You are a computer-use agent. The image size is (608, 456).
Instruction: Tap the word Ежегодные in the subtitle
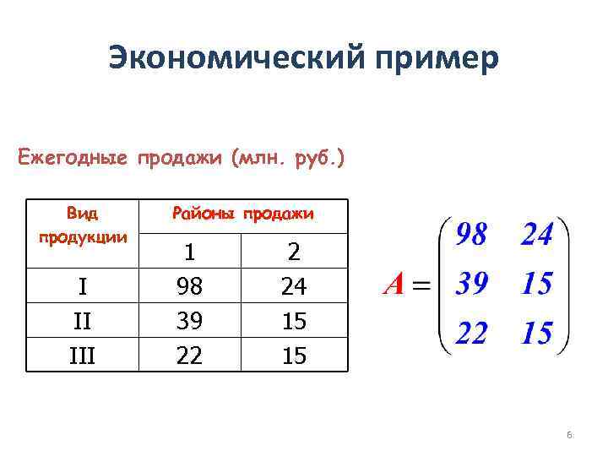72,158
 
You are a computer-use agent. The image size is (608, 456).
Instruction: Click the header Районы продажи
242,214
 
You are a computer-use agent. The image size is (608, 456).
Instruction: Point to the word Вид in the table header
82,211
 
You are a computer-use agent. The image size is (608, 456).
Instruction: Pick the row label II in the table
82,322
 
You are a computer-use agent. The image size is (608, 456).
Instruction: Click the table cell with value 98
190,287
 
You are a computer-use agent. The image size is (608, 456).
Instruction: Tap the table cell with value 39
190,322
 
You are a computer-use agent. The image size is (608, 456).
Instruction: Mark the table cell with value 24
293,287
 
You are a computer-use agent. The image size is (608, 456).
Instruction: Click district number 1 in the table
190,252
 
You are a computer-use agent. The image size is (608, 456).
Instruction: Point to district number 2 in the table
293,252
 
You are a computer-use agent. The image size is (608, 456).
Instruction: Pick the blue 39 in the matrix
472,285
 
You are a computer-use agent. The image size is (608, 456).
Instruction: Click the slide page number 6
570,435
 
